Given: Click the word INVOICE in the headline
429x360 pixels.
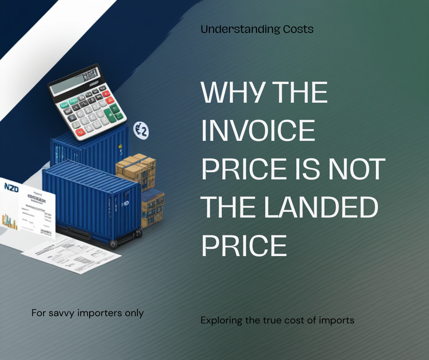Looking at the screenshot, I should tap(258, 131).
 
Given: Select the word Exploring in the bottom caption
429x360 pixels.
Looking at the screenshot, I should tap(221, 321).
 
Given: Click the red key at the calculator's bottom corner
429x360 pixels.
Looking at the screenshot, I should tap(80, 131).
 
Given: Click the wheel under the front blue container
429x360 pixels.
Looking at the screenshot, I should tap(113, 244).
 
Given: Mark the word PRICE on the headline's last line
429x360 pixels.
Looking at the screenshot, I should tap(244, 246).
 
